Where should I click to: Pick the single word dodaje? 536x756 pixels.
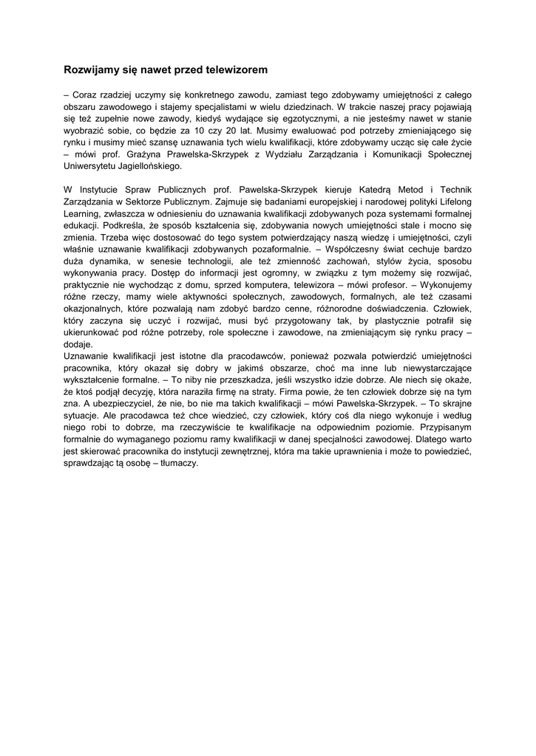point(78,345)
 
